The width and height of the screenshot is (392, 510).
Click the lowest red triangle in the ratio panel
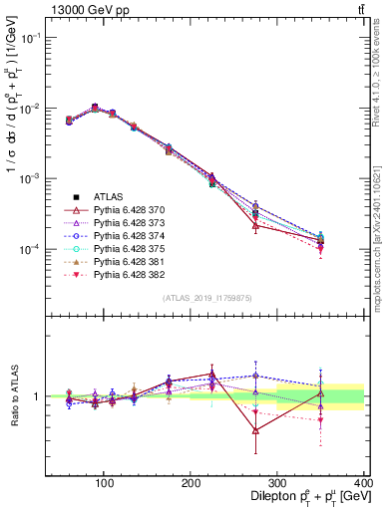pyautogui.click(x=256, y=431)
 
